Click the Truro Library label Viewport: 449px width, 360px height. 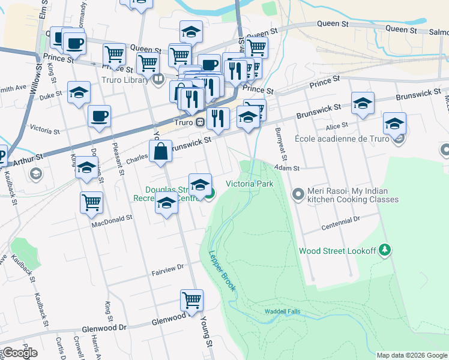click(130, 77)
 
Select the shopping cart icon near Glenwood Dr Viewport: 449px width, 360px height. click(191, 299)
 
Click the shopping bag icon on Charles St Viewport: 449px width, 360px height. click(161, 151)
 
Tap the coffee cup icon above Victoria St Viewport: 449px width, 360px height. click(99, 116)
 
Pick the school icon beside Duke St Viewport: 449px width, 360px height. click(79, 92)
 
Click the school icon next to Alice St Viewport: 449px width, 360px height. click(394, 124)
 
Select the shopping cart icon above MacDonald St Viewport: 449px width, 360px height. click(91, 202)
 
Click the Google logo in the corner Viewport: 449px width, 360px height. click(20, 353)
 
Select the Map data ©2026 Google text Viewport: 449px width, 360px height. click(411, 355)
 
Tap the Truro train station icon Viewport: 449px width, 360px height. click(200, 122)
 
